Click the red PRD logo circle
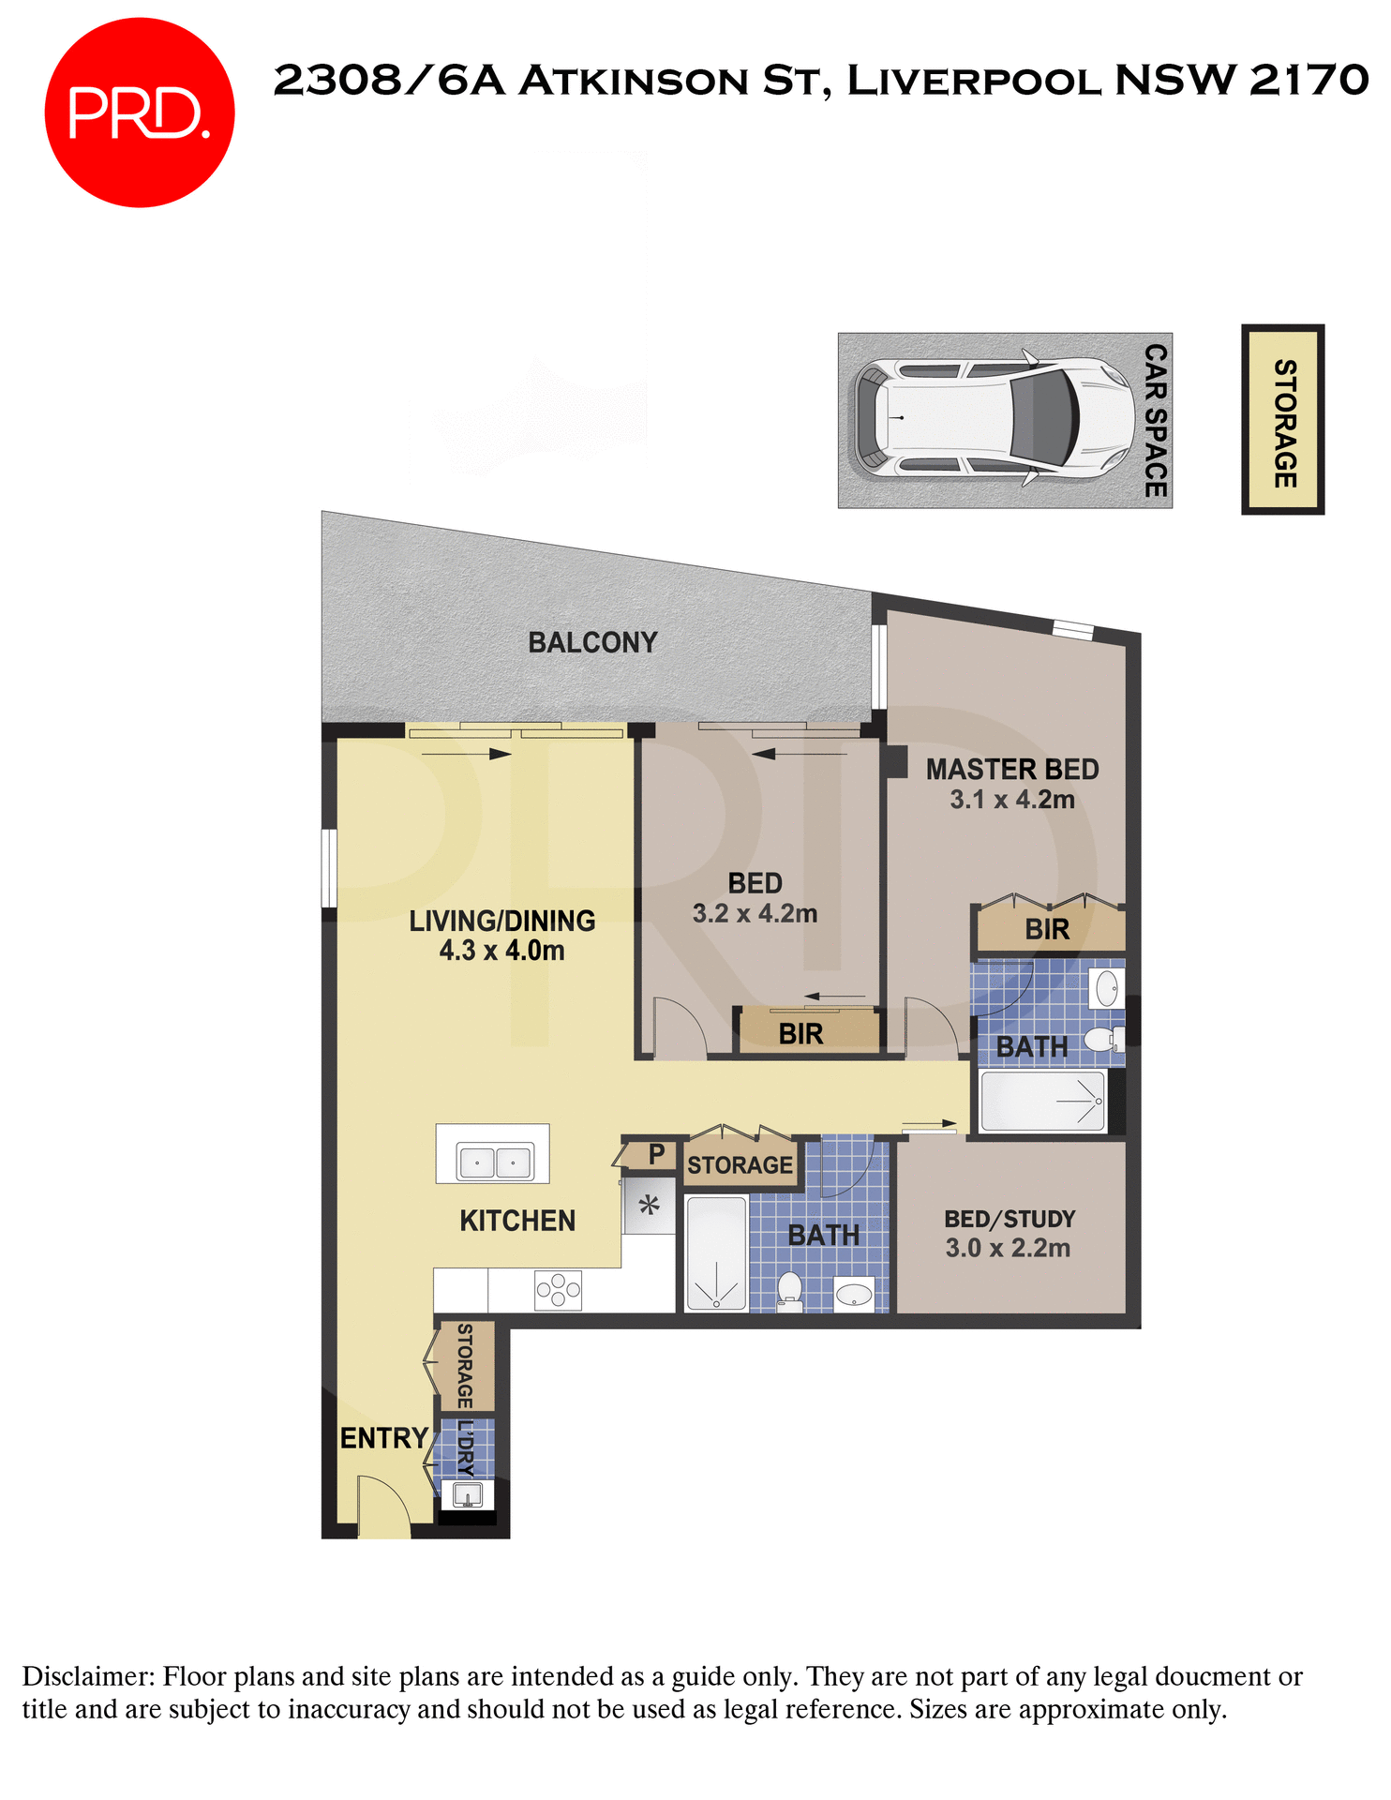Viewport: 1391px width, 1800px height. pos(139,112)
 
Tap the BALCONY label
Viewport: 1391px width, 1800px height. pos(592,643)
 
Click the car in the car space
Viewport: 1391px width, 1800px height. pos(994,418)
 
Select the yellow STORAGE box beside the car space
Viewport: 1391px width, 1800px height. pos(1283,420)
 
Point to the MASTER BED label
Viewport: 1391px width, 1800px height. pos(1012,770)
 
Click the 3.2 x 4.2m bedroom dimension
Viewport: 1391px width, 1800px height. pos(755,914)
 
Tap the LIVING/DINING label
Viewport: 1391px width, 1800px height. pos(502,922)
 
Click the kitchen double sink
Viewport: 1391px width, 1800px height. pos(494,1162)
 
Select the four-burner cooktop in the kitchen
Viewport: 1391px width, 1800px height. pos(558,1290)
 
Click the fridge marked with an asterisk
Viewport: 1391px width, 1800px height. pos(649,1206)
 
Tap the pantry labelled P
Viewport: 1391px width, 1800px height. pos(656,1154)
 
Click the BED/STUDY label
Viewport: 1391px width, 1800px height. pos(1010,1219)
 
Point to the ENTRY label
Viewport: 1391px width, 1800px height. pos(383,1438)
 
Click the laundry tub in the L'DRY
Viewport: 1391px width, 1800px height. pos(466,1493)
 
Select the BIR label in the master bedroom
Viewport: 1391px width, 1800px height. pos(1047,930)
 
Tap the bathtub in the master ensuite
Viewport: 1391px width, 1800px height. pos(1041,1101)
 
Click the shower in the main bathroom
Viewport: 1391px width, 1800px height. pos(716,1252)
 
